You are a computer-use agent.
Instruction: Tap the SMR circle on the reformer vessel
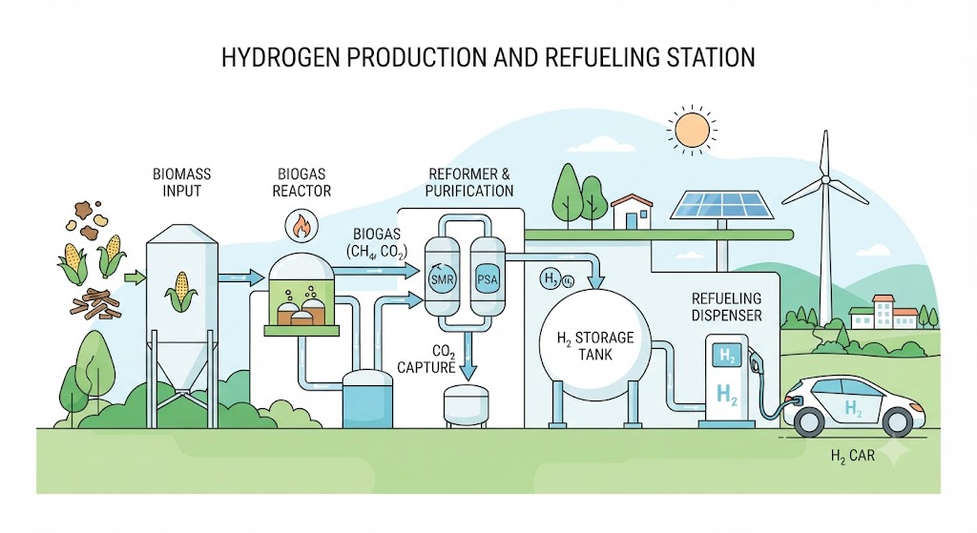[442, 279]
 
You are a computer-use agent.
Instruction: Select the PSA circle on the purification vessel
[487, 279]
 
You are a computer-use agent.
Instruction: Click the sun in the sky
[692, 130]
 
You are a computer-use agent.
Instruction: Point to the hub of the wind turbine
[825, 180]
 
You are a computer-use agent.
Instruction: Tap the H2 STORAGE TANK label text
[595, 346]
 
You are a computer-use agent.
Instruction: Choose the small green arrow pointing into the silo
[134, 277]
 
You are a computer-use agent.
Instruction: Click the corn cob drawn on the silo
[181, 292]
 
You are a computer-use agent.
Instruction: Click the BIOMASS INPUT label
[182, 182]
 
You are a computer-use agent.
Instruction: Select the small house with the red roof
[632, 211]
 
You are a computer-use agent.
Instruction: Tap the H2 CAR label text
[853, 457]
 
